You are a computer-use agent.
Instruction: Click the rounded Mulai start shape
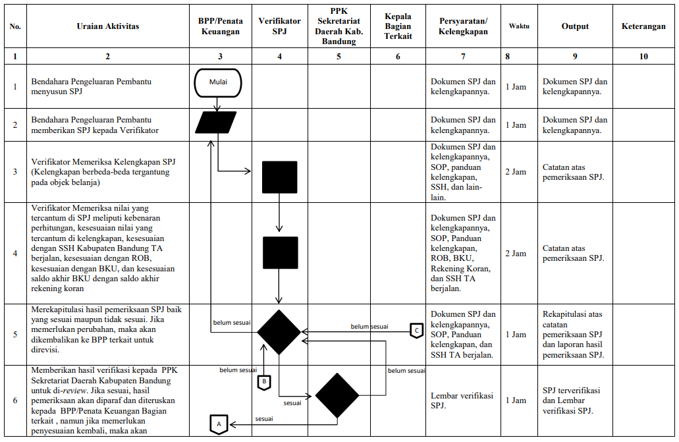pyautogui.click(x=218, y=83)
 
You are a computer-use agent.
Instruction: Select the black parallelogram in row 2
pyautogui.click(x=215, y=123)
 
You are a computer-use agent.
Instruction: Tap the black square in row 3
pyautogui.click(x=279, y=177)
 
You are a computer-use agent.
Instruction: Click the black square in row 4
pyautogui.click(x=279, y=253)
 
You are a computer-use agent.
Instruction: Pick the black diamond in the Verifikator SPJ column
pyautogui.click(x=279, y=332)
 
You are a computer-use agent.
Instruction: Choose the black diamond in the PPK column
pyautogui.click(x=337, y=396)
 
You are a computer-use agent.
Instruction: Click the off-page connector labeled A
pyautogui.click(x=219, y=424)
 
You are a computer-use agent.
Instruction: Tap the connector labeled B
pyautogui.click(x=263, y=381)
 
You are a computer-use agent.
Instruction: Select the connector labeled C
pyautogui.click(x=416, y=330)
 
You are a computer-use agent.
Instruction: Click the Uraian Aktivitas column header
pyautogui.click(x=108, y=27)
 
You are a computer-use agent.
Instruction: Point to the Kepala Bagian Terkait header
pyautogui.click(x=398, y=26)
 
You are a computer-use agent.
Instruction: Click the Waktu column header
pyautogui.click(x=519, y=26)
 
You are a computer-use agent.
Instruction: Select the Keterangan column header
pyautogui.click(x=643, y=27)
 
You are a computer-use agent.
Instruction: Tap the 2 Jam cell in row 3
pyautogui.click(x=516, y=172)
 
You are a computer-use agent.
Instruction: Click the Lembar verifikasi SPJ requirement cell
pyautogui.click(x=462, y=400)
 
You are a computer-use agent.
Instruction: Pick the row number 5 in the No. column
pyautogui.click(x=15, y=335)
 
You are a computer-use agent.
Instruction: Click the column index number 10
pyautogui.click(x=643, y=57)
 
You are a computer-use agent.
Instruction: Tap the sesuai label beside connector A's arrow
pyautogui.click(x=265, y=418)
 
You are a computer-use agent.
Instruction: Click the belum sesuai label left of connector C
pyautogui.click(x=369, y=326)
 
